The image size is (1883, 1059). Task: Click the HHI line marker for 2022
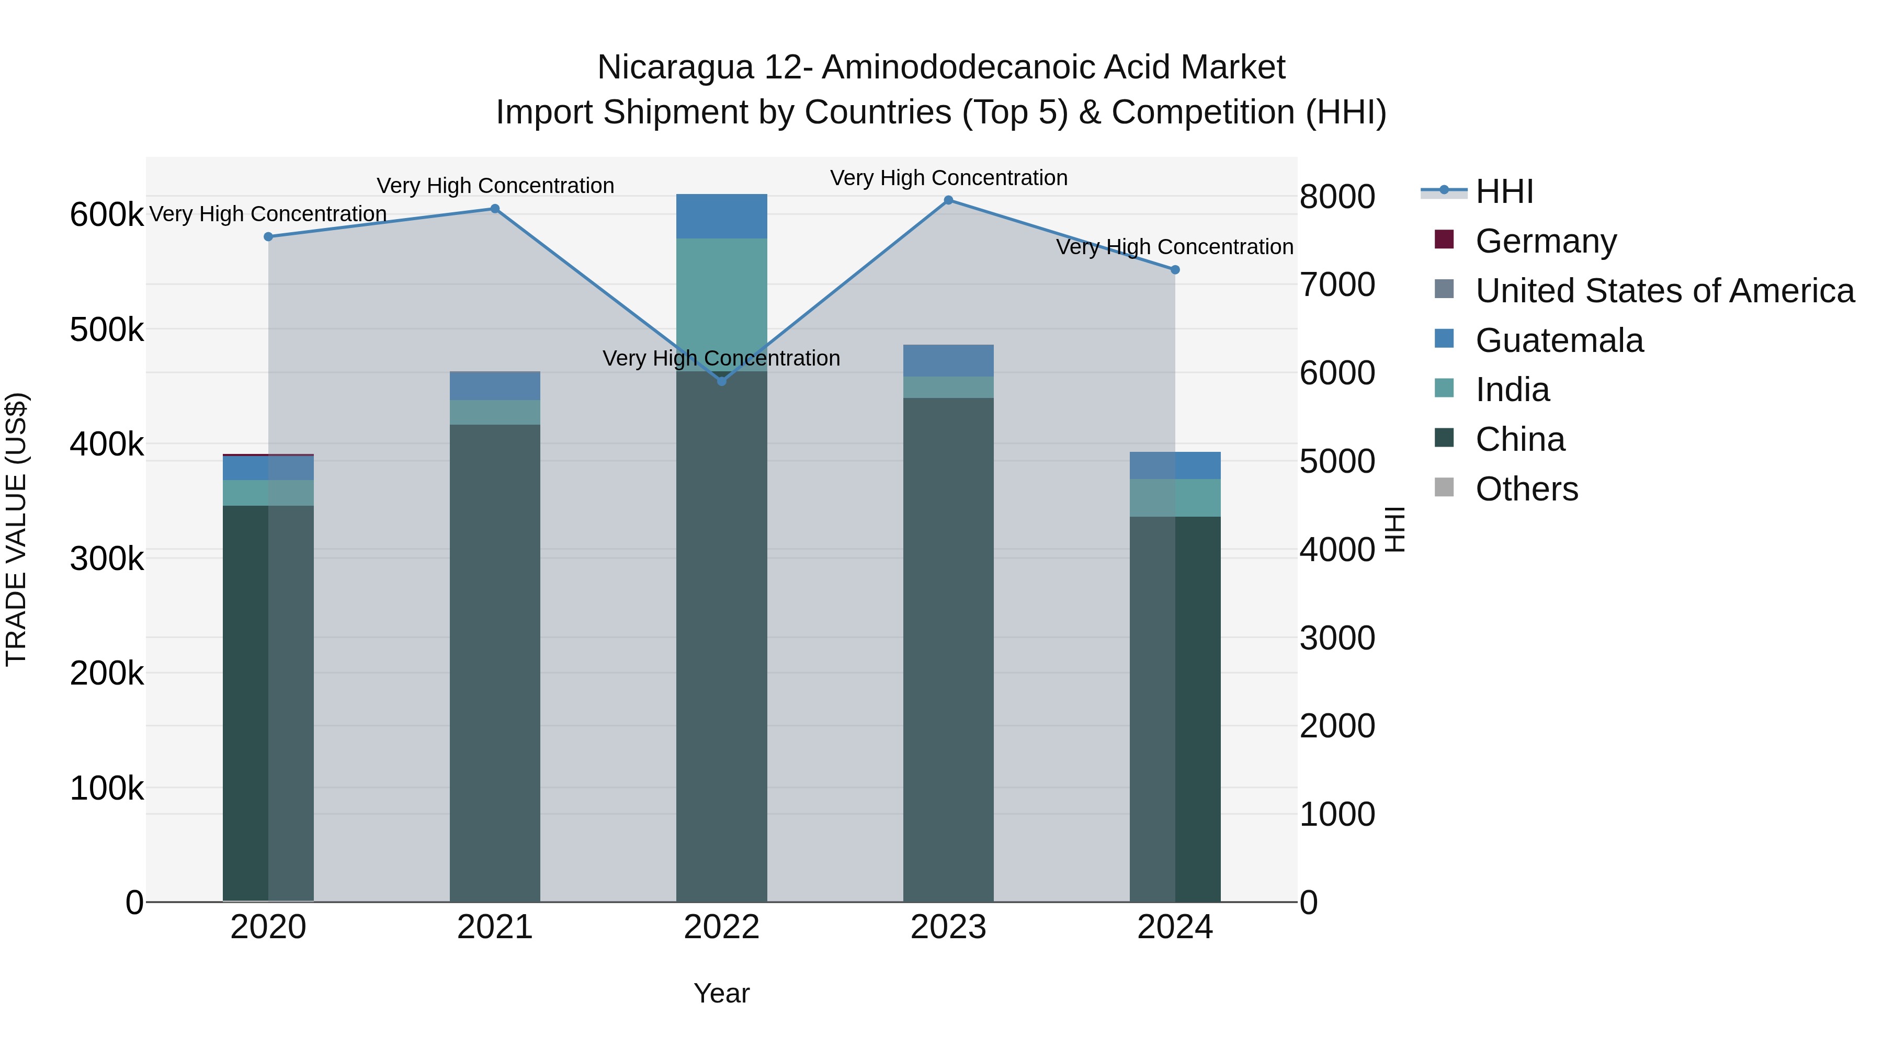[x=721, y=381]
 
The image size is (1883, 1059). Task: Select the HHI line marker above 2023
[x=948, y=200]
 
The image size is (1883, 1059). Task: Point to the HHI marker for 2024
[x=1175, y=270]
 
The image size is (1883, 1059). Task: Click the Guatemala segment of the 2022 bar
[x=721, y=217]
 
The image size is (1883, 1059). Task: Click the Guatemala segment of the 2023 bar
[x=948, y=361]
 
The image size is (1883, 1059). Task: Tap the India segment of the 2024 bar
[x=1175, y=498]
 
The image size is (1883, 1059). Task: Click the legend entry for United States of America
[x=1664, y=291]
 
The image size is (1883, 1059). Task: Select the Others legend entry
[x=1526, y=489]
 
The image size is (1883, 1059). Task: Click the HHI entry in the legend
[x=1504, y=191]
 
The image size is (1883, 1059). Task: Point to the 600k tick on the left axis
[x=107, y=215]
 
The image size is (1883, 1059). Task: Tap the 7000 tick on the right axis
[x=1337, y=284]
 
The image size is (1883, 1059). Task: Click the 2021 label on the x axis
[x=495, y=927]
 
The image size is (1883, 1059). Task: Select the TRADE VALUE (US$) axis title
[x=17, y=529]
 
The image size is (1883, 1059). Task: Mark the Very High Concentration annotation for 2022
[x=721, y=358]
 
